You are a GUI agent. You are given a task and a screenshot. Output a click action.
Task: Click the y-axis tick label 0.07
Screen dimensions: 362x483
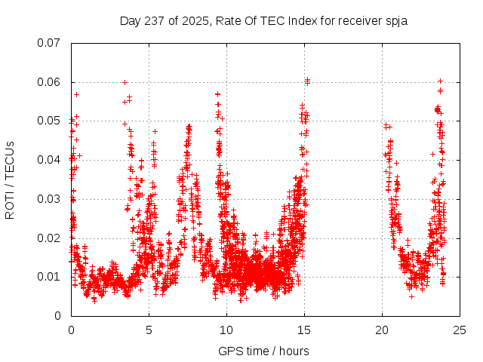(51, 43)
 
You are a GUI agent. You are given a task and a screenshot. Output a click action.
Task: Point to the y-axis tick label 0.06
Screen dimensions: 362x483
(51, 82)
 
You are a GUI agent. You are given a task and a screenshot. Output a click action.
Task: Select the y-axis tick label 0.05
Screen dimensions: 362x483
(51, 121)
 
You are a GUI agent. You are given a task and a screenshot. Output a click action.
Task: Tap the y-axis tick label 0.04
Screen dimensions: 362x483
(51, 160)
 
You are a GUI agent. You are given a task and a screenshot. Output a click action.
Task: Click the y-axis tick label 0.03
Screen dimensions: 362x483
(51, 199)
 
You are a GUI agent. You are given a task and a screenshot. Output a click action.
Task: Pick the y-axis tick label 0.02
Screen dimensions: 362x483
(51, 238)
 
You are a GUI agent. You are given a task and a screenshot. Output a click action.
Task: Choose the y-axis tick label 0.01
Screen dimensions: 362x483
(51, 277)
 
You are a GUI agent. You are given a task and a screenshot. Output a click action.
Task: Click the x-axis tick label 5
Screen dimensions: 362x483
(149, 330)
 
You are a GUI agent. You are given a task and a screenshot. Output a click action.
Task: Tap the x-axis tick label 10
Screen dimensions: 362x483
(226, 330)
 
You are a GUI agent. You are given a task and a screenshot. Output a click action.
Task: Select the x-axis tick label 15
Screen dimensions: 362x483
(304, 330)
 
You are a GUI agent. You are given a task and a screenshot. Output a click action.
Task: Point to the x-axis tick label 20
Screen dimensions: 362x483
(382, 330)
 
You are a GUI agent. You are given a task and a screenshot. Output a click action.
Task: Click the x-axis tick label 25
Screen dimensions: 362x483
(460, 330)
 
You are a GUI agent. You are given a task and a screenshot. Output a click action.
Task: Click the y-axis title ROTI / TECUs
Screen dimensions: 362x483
(10, 179)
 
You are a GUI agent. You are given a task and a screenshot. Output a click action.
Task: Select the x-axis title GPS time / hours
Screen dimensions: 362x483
(263, 351)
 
